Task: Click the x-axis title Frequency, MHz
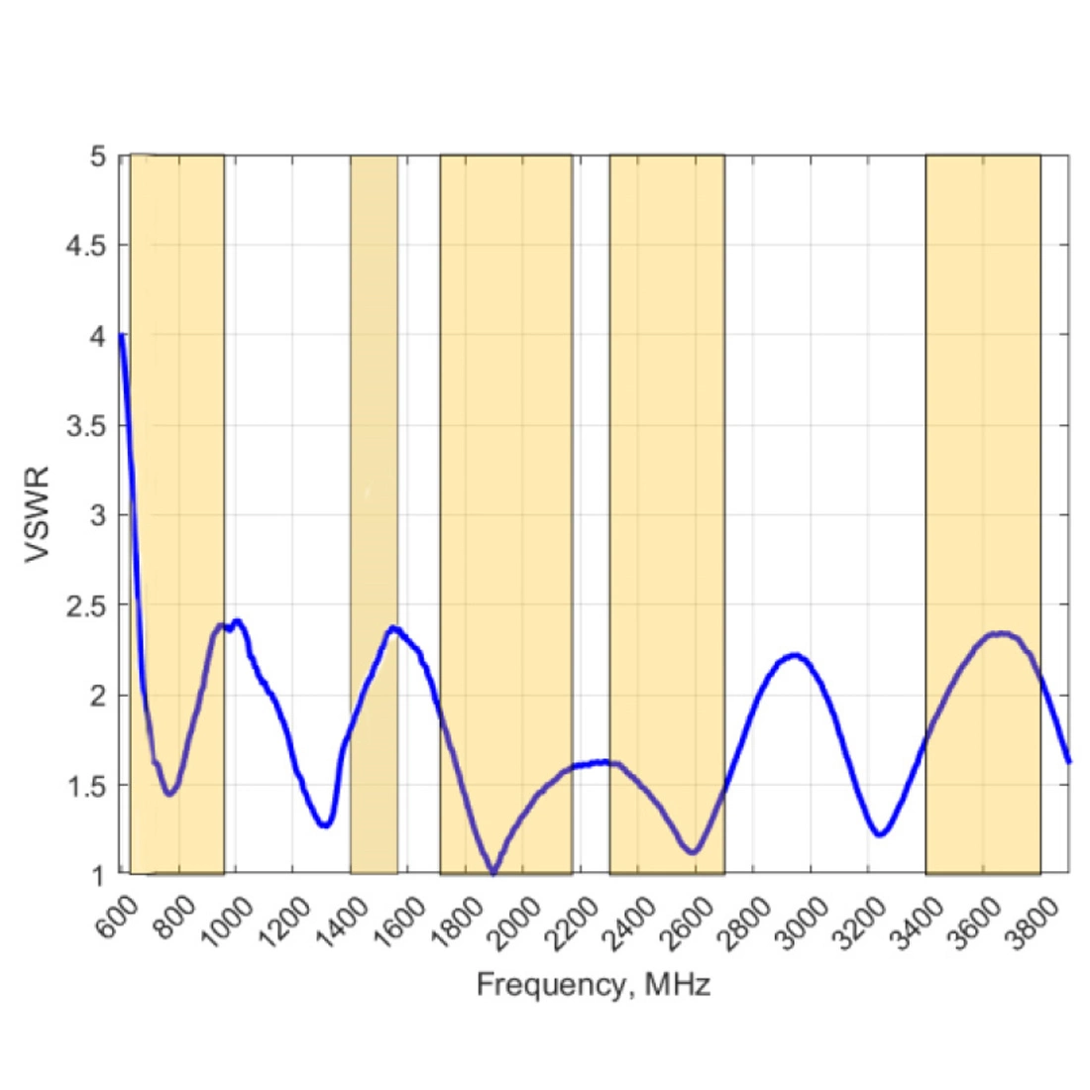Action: pos(593,985)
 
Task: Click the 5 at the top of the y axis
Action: pos(98,156)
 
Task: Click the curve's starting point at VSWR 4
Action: pos(121,335)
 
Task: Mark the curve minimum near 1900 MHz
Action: pos(493,872)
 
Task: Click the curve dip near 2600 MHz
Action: pos(693,851)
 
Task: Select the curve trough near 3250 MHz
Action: pos(879,834)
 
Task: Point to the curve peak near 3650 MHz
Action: pos(1002,633)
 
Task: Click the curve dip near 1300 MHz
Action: pos(325,824)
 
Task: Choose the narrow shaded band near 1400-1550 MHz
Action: pos(374,396)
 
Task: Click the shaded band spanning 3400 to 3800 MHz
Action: pos(983,396)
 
